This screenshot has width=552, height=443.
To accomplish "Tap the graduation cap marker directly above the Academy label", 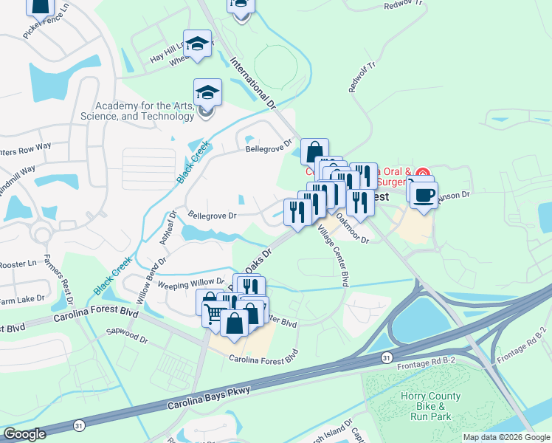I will [207, 94].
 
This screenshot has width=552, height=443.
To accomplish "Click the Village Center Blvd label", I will [333, 255].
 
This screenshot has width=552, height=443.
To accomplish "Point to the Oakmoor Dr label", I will [352, 228].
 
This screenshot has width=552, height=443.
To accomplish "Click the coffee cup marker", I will [423, 196].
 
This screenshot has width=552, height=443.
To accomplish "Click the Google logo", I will [25, 434].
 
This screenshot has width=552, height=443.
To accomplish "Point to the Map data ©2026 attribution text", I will [506, 437].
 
